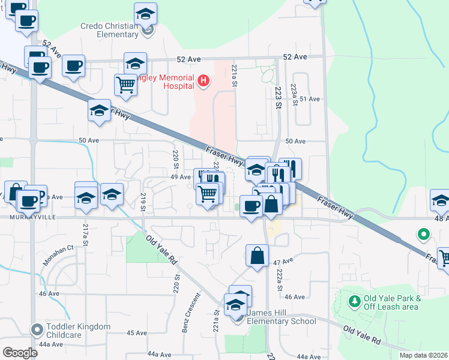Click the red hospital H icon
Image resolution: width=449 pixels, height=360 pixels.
coord(203,80)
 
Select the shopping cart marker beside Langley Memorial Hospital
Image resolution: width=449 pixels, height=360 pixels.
coord(125,84)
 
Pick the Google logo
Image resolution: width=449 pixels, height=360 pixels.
coord(20,352)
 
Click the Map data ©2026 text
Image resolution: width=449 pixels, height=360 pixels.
coord(423,355)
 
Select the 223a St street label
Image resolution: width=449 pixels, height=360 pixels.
coord(294,94)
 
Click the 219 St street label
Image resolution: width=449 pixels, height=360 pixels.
coord(143,202)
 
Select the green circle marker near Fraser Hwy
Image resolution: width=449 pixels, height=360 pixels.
coord(423,235)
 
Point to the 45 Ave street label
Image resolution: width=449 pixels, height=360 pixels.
coord(133,334)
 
